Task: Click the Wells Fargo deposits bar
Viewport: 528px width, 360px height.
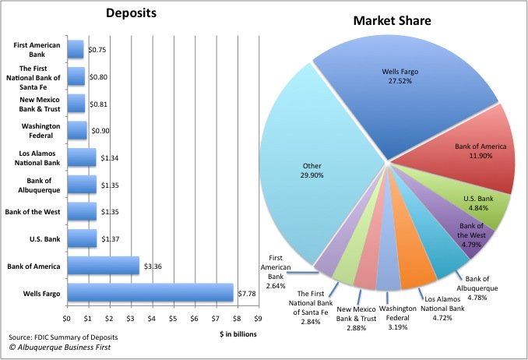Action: coord(150,293)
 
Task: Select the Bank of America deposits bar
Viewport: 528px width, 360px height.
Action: coord(103,266)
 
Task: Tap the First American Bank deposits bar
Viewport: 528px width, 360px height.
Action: coord(76,49)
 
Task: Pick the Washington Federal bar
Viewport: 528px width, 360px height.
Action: coord(77,130)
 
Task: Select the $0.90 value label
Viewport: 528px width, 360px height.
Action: coord(99,130)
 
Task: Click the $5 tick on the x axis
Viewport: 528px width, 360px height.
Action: coord(174,318)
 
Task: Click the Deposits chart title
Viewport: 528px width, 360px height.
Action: coord(130,13)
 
